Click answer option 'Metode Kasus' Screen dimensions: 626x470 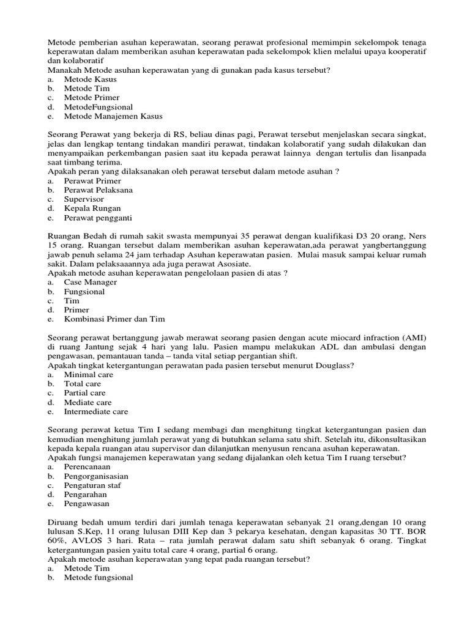click(90, 79)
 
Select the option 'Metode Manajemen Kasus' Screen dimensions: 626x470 click(113, 116)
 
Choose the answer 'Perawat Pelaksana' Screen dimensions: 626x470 click(98, 190)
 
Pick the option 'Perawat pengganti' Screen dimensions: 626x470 click(98, 218)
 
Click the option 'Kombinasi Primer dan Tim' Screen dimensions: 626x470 click(114, 319)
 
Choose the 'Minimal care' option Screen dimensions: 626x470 click(88, 375)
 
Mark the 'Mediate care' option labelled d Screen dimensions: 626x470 click(88, 402)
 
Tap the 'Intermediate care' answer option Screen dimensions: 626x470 click(95, 411)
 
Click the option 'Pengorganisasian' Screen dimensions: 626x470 click(97, 476)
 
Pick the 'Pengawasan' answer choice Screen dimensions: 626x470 click(87, 504)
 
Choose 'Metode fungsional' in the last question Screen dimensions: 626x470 click(98, 578)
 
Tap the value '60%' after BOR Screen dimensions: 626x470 click(58, 541)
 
